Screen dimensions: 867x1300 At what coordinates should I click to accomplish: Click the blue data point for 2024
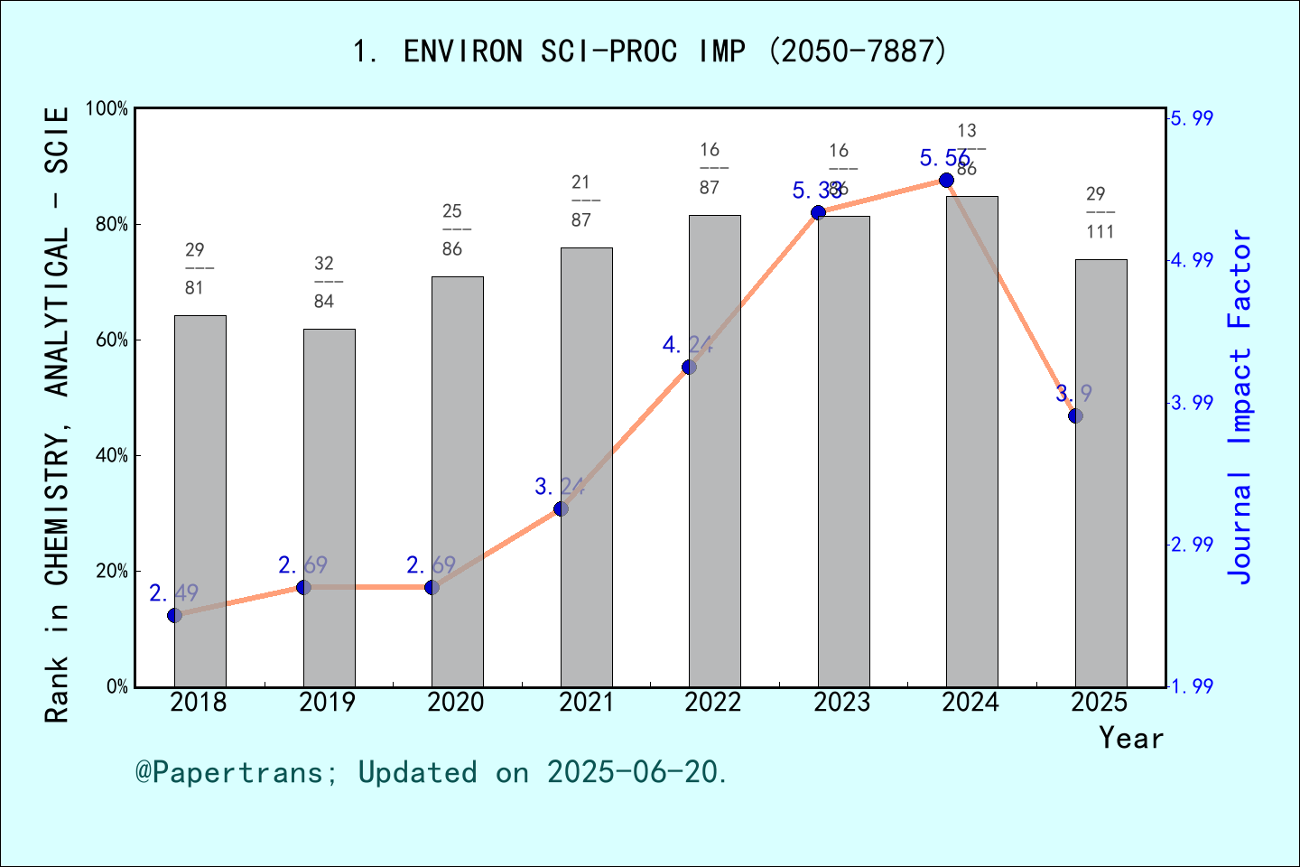point(946,181)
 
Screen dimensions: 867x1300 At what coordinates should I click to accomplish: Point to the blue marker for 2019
point(303,588)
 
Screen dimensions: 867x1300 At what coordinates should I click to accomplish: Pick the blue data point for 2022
point(689,367)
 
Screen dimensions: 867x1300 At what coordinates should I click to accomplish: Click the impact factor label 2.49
point(173,593)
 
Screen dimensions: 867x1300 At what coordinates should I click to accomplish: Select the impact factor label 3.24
point(560,487)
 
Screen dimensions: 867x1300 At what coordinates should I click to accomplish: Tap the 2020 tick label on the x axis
point(456,702)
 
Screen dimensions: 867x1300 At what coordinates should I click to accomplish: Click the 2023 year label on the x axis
point(841,702)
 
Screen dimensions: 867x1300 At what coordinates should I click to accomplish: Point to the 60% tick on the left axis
point(112,340)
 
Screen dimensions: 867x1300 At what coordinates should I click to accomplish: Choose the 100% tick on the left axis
point(107,109)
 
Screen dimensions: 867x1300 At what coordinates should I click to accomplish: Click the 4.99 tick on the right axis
point(1192,260)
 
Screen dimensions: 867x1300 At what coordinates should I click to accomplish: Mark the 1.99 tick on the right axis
point(1192,686)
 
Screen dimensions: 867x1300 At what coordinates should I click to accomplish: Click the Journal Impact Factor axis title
point(1241,406)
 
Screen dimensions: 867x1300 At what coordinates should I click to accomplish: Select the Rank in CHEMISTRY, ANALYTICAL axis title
point(57,415)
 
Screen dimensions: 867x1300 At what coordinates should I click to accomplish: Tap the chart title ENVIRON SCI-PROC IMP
point(650,51)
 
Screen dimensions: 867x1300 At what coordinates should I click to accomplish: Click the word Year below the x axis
point(1131,738)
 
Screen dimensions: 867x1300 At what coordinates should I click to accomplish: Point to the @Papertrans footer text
point(432,772)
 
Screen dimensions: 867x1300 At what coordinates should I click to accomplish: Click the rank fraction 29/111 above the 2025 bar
point(1100,213)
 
